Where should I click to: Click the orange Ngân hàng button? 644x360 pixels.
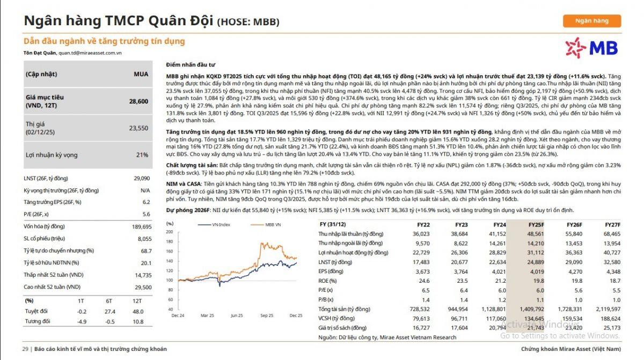pyautogui.click(x=591, y=21)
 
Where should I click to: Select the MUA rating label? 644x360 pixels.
pyautogui.click(x=141, y=74)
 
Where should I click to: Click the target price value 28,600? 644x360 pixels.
pyautogui.click(x=138, y=101)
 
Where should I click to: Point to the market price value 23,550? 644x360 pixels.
pyautogui.click(x=138, y=128)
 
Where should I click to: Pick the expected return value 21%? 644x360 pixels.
pyautogui.click(x=142, y=155)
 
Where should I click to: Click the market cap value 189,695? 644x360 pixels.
pyautogui.click(x=141, y=226)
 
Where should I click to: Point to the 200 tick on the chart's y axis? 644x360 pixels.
pyautogui.click(x=170, y=232)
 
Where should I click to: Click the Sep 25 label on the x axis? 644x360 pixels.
pyautogui.click(x=267, y=315)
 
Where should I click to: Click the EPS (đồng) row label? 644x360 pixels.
pyautogui.click(x=332, y=271)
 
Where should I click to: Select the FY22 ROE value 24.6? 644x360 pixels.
pyautogui.click(x=423, y=281)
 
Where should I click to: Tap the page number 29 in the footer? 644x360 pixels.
pyautogui.click(x=25, y=349)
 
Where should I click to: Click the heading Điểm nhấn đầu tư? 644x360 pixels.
pyautogui.click(x=191, y=64)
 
